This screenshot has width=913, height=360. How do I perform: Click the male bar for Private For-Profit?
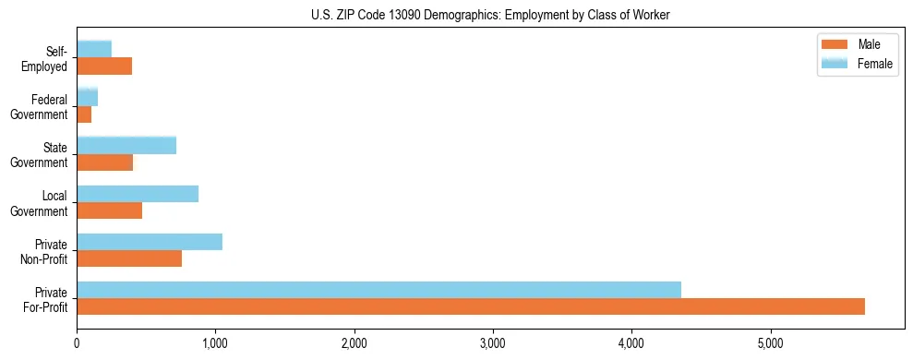tap(471, 306)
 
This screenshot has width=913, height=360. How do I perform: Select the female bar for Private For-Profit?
tap(378, 290)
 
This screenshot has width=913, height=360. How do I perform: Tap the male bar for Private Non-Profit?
tap(129, 258)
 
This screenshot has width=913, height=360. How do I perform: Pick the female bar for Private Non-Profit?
tap(150, 242)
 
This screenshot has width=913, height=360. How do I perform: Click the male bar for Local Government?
tap(109, 210)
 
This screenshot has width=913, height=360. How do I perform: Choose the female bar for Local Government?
tap(138, 194)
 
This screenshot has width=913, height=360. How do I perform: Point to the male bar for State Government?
tap(104, 162)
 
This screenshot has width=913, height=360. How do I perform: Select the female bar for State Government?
tap(126, 146)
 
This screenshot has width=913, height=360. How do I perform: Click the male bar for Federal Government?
tap(84, 114)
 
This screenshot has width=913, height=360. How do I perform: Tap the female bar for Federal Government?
tap(88, 98)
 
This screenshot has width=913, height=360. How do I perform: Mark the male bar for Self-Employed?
tap(104, 66)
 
